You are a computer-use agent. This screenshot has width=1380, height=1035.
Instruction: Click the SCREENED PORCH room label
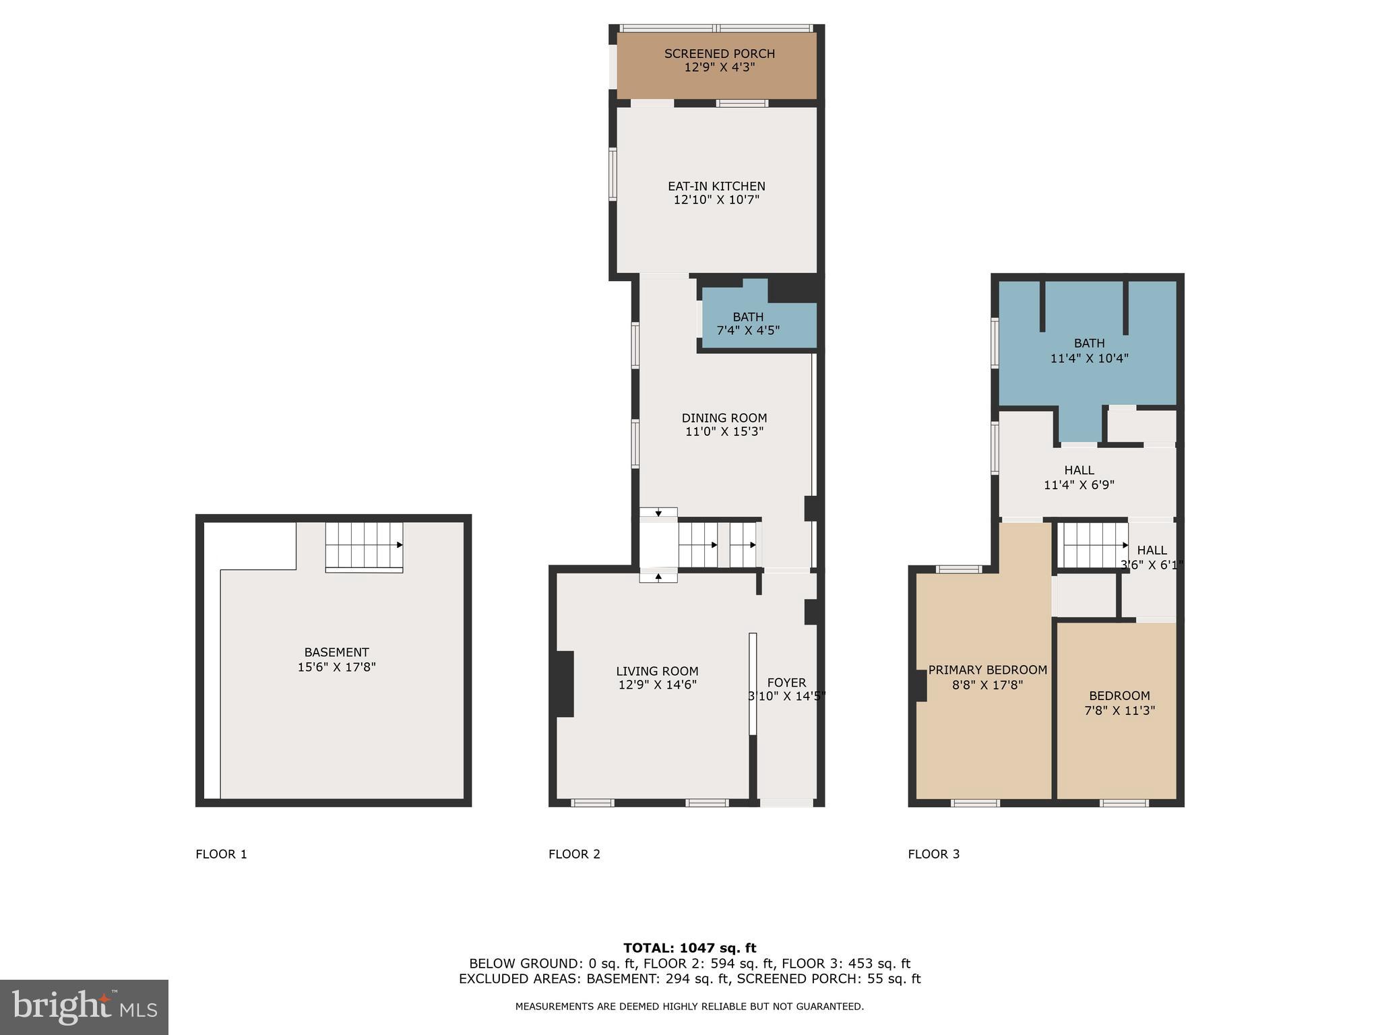pos(719,54)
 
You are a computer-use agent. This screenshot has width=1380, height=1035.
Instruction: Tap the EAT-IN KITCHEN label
pos(716,187)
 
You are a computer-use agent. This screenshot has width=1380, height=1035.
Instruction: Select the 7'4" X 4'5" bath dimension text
pos(748,331)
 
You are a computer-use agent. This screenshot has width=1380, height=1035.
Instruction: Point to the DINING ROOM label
pos(724,418)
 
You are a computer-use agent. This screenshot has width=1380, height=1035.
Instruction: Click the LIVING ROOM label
pos(657,672)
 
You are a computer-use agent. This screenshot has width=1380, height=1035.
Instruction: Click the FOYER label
pos(786,683)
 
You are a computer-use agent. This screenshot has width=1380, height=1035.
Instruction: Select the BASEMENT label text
pos(336,653)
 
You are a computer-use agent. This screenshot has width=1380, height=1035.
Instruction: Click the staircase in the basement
pos(364,546)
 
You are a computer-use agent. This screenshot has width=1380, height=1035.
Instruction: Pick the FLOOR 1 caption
pos(221,854)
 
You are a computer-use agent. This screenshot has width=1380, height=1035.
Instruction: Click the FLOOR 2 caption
pos(574,854)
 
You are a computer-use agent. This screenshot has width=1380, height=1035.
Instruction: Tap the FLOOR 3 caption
pos(933,854)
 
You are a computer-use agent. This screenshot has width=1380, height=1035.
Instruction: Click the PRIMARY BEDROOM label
pos(987,670)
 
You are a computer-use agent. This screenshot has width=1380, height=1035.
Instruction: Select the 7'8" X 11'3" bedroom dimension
pos(1119,711)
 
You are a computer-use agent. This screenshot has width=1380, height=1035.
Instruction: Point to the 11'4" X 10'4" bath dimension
pos(1089,358)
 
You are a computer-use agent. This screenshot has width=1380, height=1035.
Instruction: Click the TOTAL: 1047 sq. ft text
pos(689,948)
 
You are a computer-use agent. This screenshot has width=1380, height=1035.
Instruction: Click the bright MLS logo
pos(84,1007)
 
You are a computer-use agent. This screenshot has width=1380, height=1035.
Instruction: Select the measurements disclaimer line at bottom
pos(689,1007)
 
